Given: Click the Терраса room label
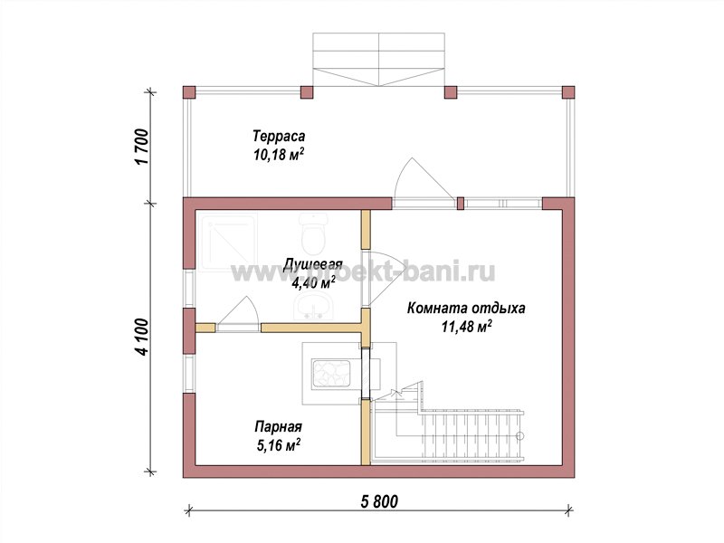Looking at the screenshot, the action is [279, 137].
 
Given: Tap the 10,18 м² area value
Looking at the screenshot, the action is [279, 155].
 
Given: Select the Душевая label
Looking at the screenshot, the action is [312, 264].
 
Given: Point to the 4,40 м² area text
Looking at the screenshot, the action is [312, 283].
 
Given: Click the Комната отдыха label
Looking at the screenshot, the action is [466, 308].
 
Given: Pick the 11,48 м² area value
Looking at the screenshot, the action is [466, 327].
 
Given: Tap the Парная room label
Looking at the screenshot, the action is [279, 426].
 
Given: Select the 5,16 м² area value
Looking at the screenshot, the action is [278, 444].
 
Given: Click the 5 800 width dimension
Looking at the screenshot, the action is [378, 501].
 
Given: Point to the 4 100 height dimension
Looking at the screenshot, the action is [143, 337].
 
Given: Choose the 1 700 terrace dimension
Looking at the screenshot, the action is [143, 147].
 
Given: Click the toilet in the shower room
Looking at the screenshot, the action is [312, 234].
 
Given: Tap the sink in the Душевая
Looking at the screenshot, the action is [312, 307].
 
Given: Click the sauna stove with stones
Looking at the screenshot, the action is [331, 374].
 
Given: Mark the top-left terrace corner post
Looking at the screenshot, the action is [189, 92].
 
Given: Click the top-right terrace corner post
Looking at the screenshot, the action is [568, 92].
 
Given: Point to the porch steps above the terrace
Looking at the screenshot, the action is [379, 59].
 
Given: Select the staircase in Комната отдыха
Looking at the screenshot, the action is [448, 429].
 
